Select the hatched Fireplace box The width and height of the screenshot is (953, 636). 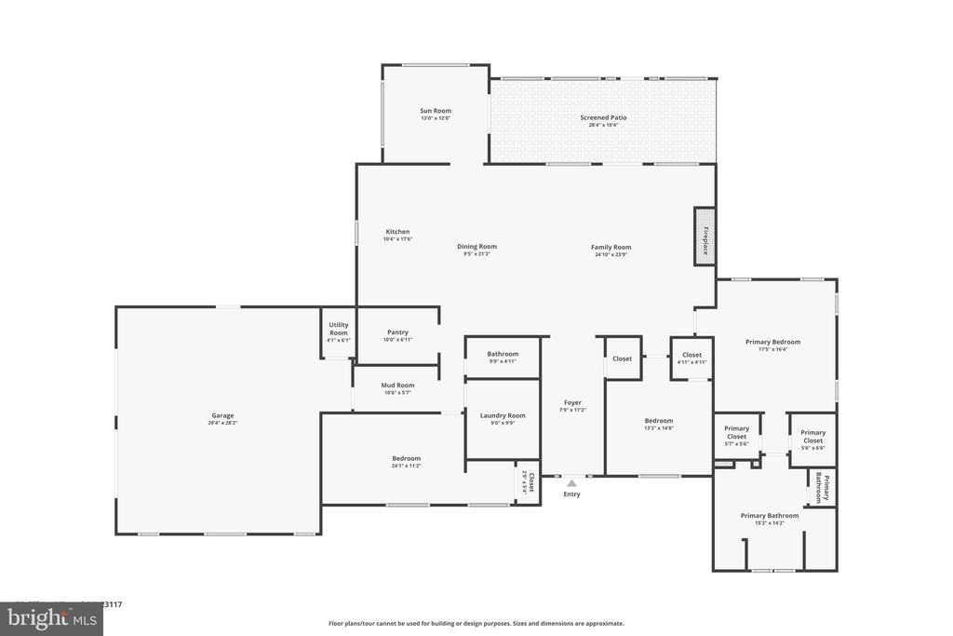pos(705,237)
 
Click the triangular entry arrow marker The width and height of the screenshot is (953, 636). pos(571,483)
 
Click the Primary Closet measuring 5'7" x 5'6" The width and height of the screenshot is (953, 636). pos(736,435)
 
